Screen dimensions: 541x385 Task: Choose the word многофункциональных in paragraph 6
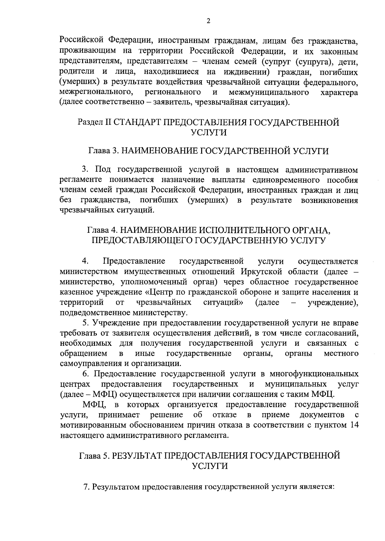pyautogui.click(x=314, y=374)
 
